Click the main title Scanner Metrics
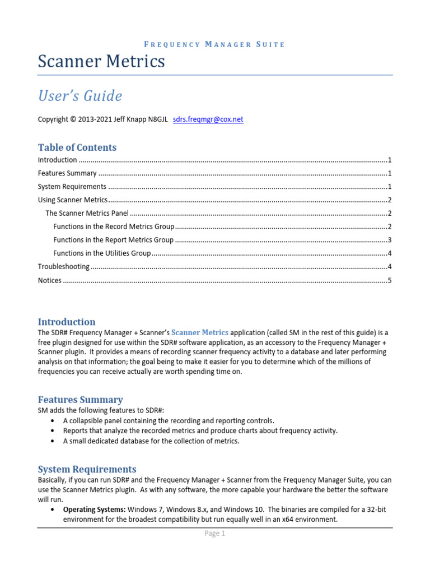point(101,61)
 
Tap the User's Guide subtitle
point(80,96)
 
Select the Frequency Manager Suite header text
point(215,44)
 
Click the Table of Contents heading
point(77,147)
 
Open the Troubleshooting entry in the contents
point(63,267)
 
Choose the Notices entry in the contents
point(50,280)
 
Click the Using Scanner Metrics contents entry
point(72,200)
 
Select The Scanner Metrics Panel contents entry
point(87,213)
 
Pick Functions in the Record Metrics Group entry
point(114,226)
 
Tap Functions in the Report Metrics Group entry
point(114,240)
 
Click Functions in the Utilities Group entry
point(102,253)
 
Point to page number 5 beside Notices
point(389,280)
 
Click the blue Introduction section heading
point(67,322)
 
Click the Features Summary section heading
point(80,400)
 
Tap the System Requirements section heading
point(87,469)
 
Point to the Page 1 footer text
point(215,534)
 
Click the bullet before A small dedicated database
point(53,441)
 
